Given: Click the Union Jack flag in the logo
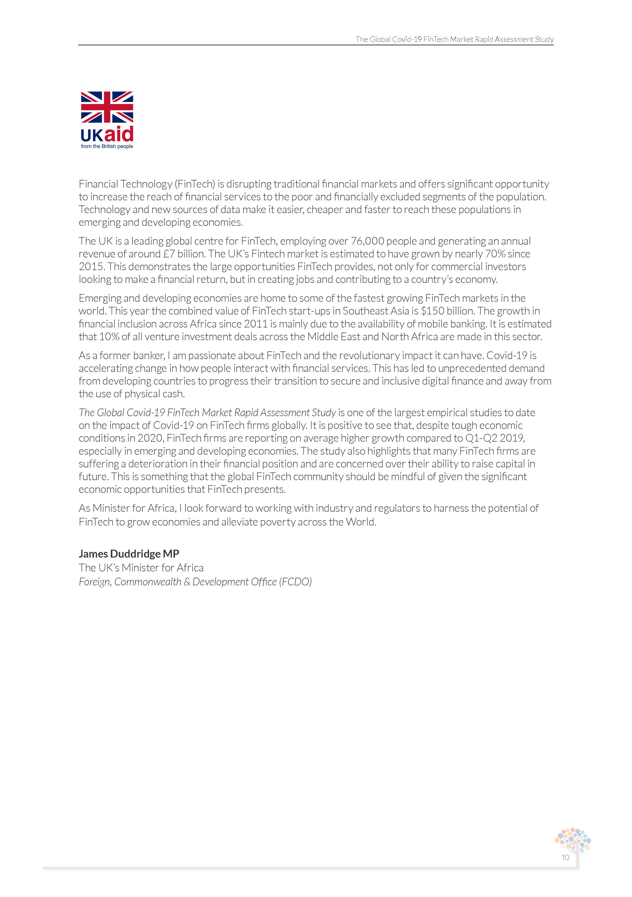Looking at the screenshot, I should [107, 107].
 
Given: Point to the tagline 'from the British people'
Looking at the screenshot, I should [107, 147].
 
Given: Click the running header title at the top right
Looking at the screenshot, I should [454, 39].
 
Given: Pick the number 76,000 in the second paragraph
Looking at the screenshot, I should [368, 241].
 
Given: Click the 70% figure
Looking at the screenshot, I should [495, 254].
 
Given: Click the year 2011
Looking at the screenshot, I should [256, 324].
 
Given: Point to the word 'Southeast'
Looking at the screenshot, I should [365, 311].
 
